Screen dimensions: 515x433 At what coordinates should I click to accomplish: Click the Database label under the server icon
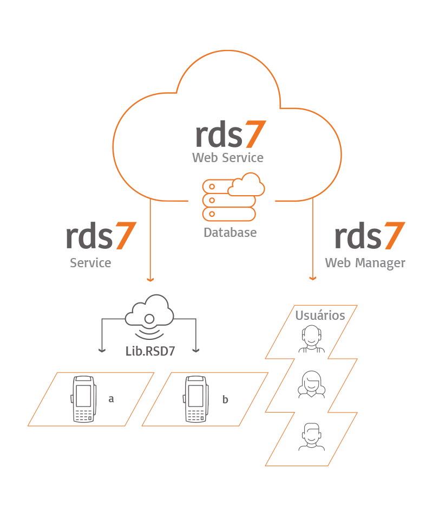click(x=229, y=233)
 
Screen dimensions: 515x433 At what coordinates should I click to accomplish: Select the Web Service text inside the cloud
click(x=228, y=158)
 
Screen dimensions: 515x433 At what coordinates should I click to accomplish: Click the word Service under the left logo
click(x=90, y=263)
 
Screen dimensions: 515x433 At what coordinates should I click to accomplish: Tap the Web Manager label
click(x=365, y=263)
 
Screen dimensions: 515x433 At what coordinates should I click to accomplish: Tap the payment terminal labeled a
click(x=83, y=398)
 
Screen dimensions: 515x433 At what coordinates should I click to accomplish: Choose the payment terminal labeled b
click(x=196, y=398)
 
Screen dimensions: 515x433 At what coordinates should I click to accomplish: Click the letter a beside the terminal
click(x=111, y=399)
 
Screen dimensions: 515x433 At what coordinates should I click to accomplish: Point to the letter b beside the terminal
click(x=225, y=400)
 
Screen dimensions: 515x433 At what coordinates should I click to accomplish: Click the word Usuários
click(x=320, y=315)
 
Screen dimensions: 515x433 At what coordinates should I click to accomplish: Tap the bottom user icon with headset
click(x=311, y=436)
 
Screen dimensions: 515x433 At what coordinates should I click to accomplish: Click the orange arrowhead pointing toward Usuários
click(x=312, y=278)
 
